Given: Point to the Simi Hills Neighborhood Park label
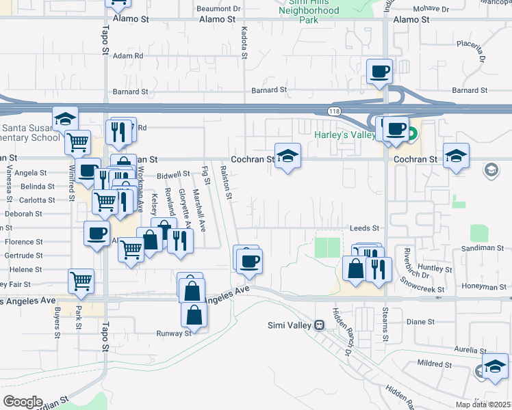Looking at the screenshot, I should [309, 11].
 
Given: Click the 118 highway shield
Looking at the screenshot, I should [333, 110].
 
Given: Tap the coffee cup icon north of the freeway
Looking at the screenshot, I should [379, 71].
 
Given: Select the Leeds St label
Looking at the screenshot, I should [364, 228].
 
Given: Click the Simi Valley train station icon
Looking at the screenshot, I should [319, 325].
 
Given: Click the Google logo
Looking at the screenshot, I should [23, 402].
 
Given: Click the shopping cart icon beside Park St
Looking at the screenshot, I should [81, 280].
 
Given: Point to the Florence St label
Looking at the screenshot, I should [24, 242].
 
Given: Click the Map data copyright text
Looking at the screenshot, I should [483, 405].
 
